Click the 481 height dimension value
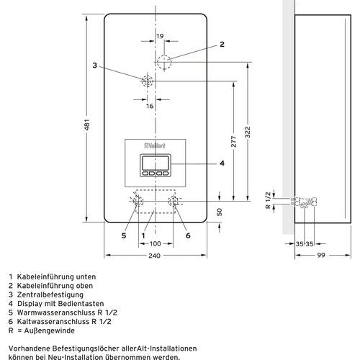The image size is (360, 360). pos(88,125)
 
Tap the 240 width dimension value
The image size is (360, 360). pos(154,256)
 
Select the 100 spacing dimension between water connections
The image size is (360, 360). pos(155,244)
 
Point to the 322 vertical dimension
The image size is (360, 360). pos(248,132)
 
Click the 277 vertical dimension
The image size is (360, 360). pos(233,142)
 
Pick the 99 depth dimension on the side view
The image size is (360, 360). pos(321,255)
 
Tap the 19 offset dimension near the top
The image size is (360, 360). pos(160,36)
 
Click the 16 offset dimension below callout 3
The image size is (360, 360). pos(150,106)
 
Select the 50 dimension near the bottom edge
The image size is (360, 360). pos(220,212)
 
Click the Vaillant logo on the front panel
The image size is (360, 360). pos(155,145)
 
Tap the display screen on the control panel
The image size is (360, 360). pos(156,163)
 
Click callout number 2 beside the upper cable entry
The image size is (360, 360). pos(222,44)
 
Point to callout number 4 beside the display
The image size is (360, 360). pos(222,163)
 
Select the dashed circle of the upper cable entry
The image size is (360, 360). pos(164,62)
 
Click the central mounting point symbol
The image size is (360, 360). pos(147,81)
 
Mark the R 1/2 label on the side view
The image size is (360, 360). pos(268,200)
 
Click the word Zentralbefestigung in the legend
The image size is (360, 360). pos(50,294)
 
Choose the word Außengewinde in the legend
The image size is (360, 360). pos(50,330)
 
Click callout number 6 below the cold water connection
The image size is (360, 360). pos(188,235)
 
